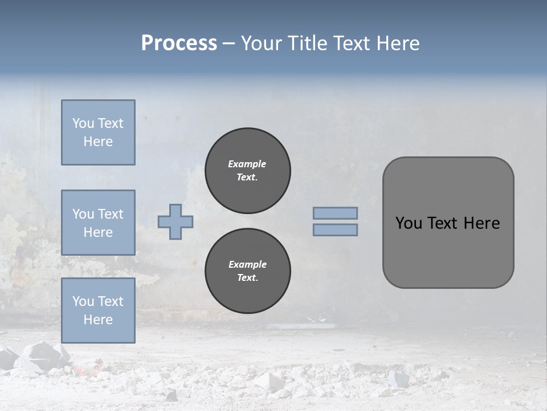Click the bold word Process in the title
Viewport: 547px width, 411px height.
(179, 43)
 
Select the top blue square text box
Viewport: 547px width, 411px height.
(98, 132)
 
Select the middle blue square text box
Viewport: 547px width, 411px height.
(98, 223)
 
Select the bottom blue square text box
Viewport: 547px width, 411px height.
(98, 310)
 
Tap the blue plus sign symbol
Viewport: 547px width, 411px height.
(175, 221)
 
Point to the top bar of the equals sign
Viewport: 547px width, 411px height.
(335, 213)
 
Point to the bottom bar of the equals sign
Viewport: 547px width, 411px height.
(335, 229)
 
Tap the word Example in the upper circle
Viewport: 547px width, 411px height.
(247, 164)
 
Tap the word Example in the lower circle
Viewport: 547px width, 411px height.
(247, 264)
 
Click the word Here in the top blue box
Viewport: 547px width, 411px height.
(98, 142)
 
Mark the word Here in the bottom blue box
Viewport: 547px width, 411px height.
(98, 320)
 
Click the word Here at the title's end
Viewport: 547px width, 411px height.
(397, 43)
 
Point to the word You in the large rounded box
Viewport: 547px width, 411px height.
(409, 223)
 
